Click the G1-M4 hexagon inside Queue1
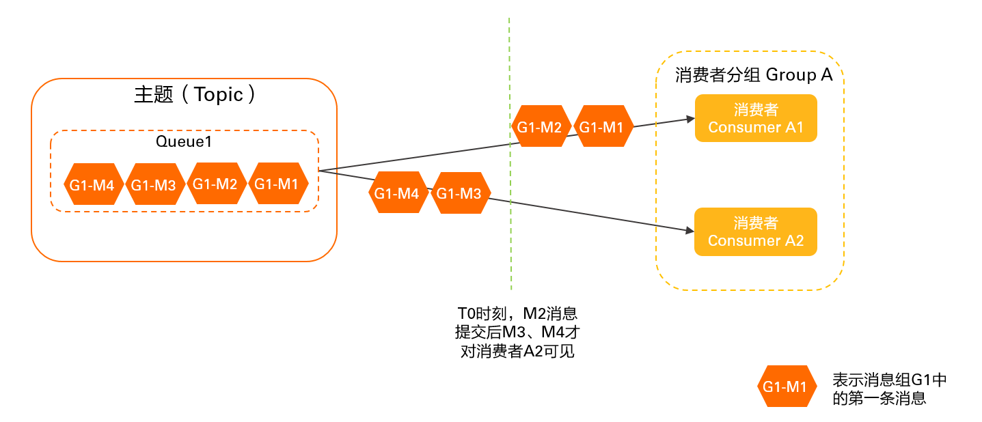point(94,184)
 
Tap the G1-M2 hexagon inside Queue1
point(217,184)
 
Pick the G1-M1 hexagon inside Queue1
point(278,184)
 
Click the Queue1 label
point(185,143)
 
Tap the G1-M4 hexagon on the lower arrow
point(398,193)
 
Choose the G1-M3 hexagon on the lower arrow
point(460,193)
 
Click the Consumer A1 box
point(756,118)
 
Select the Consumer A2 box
point(756,231)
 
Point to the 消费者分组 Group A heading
point(753,74)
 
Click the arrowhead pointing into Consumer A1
point(690,119)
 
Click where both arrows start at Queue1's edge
point(320,170)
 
